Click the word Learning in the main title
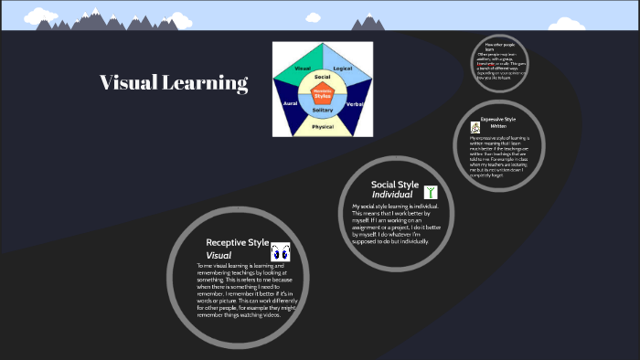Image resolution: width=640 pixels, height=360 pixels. [207, 84]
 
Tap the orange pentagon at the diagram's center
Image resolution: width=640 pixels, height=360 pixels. [323, 92]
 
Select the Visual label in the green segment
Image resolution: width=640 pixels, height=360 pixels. [303, 69]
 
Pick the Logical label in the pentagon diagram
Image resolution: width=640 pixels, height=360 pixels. [343, 69]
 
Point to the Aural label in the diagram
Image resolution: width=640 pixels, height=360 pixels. [291, 105]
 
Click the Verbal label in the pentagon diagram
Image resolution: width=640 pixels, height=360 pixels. [355, 105]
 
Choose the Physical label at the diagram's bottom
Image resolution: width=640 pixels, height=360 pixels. [322, 127]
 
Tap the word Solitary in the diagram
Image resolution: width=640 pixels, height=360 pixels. [323, 110]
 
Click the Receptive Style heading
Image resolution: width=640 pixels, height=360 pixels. [237, 243]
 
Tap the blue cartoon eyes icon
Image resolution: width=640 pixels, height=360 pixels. [281, 251]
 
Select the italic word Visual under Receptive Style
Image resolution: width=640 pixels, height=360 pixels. [219, 256]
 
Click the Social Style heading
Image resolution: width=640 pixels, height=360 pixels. [394, 185]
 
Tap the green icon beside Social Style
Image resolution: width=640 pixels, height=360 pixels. [431, 192]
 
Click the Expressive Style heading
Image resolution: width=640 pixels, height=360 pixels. [498, 120]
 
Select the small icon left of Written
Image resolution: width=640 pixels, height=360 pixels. [475, 128]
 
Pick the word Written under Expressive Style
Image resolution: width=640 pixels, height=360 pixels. [498, 126]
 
